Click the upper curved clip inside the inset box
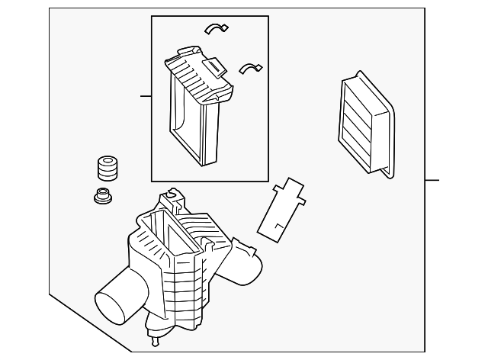coord(217,27)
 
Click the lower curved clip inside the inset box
coord(249,69)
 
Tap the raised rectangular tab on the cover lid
coord(217,68)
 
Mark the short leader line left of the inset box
coord(146,96)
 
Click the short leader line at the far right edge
coord(432,181)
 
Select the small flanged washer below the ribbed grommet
coord(100,198)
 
